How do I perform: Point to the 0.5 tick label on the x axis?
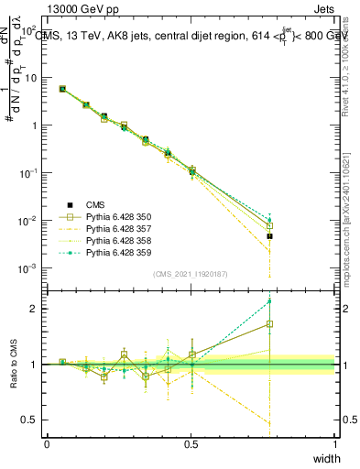pos(191,444)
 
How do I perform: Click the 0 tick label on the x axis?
pos(47,444)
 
